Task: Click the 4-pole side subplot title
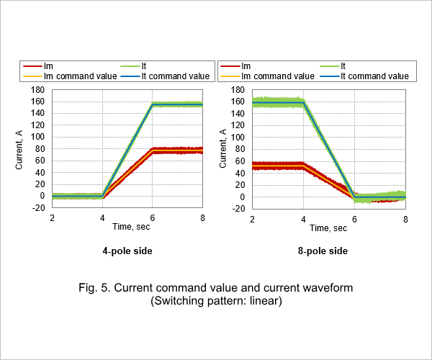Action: tap(127, 251)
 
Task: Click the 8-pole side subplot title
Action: tap(323, 251)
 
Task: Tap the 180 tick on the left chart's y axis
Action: tap(37, 90)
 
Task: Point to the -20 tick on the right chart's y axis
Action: tap(238, 209)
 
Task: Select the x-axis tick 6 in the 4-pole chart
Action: tap(153, 218)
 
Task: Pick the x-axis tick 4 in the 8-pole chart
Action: tap(303, 220)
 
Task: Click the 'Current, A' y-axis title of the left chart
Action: tap(19, 150)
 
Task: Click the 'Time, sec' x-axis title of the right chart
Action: tap(328, 228)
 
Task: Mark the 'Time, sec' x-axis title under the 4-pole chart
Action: tap(131, 227)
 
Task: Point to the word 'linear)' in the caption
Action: tap(266, 300)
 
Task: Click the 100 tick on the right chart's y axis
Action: tap(238, 138)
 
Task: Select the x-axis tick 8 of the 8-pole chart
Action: tap(405, 220)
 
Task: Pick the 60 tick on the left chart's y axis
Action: tap(40, 161)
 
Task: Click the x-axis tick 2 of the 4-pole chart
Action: tap(52, 218)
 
